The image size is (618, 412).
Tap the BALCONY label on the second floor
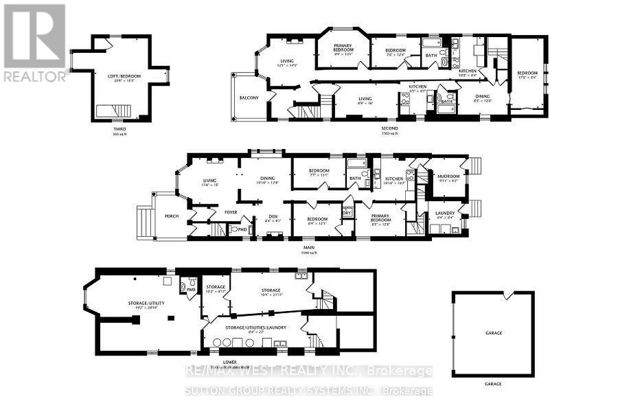click(x=249, y=98)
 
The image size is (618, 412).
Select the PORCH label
click(x=171, y=216)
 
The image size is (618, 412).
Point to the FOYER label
click(x=231, y=212)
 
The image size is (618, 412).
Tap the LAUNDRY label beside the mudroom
click(x=446, y=214)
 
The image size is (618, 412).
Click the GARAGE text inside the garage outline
click(x=493, y=333)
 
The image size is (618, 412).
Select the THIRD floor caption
click(x=120, y=128)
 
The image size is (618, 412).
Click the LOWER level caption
click(x=230, y=362)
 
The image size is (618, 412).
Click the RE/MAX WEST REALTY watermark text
click(x=309, y=371)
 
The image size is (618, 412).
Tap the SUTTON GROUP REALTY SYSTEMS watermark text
click(x=309, y=390)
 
